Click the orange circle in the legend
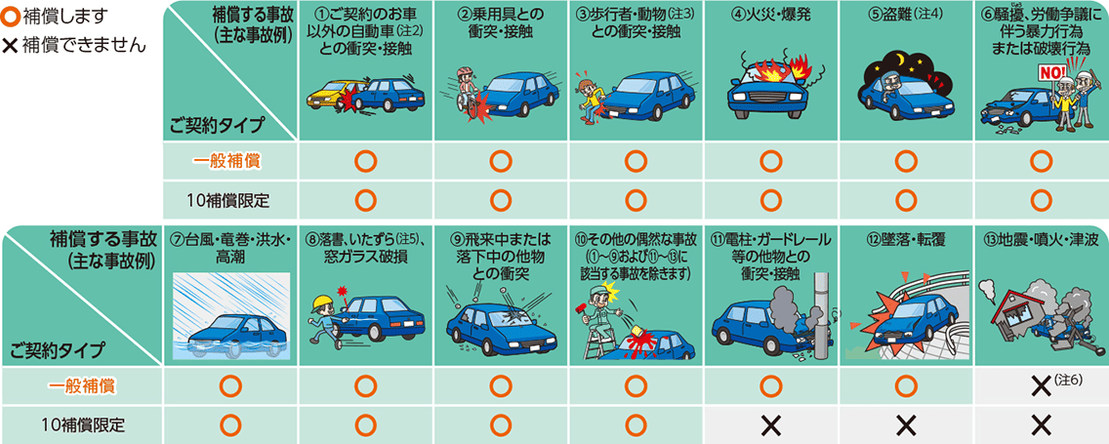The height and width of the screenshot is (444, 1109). [x=10, y=17]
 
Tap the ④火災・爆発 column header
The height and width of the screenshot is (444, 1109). [x=769, y=17]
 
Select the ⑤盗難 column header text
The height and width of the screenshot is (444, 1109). [x=904, y=17]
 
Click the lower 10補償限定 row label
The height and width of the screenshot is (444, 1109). [x=89, y=424]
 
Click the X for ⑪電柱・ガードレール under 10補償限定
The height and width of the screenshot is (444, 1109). [x=769, y=424]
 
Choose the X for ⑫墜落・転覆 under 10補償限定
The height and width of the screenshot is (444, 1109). [x=904, y=424]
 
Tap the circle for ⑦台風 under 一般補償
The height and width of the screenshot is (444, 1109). [x=230, y=386]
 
